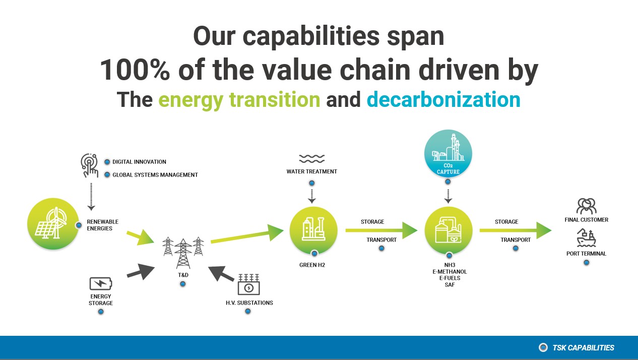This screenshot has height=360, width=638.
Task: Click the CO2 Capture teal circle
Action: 448,153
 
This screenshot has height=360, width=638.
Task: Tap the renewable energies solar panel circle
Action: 53,224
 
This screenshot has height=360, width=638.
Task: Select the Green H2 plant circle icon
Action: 313,230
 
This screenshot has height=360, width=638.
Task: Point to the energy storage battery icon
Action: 101,283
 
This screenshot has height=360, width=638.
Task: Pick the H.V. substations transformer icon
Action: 248,284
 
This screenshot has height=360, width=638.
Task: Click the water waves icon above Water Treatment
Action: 312,159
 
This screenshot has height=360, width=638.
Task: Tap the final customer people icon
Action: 587,206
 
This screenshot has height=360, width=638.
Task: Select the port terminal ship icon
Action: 587,237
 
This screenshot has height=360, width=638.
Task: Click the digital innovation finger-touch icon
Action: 89,165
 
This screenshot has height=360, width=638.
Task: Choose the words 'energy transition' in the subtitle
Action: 239,100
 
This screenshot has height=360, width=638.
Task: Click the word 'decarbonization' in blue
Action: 443,99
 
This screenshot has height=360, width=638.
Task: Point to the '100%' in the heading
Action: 135,70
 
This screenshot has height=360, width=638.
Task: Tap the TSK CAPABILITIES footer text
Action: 583,348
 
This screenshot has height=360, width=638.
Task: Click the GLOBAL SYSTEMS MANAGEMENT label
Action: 155,175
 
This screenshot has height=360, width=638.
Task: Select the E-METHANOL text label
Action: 450,271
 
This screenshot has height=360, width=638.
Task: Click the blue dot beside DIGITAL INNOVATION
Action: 107,162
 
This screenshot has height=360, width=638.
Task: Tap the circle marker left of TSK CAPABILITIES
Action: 543,347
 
